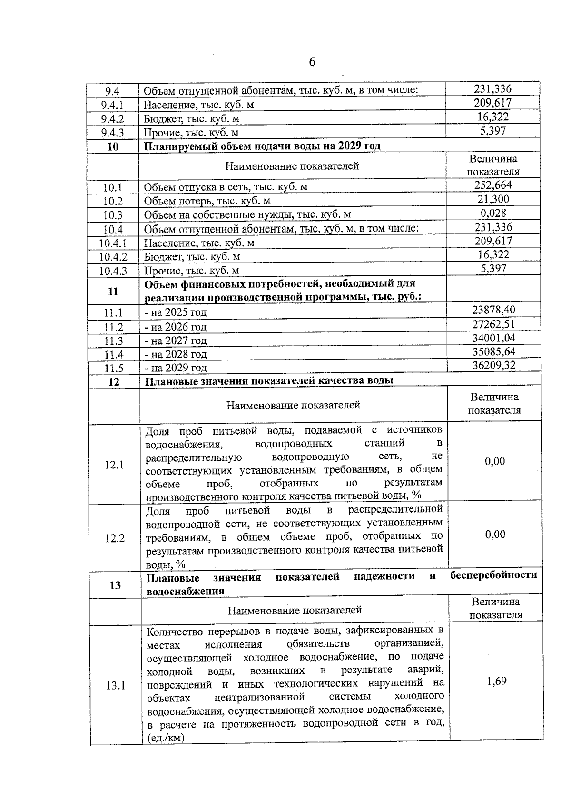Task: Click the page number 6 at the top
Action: pos(312,62)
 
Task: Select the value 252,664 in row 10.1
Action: pos(493,185)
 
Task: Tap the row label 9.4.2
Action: pos(112,119)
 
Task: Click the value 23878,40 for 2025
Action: pos(493,311)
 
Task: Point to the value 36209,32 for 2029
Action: pos(493,366)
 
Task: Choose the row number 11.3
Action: pos(113,341)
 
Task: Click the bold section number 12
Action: pos(114,382)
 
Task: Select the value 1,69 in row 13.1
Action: pos(496,681)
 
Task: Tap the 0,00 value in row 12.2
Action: pos(495,535)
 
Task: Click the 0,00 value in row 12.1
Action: pos(495,461)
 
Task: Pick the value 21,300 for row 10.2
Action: pos(493,199)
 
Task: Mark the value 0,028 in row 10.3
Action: pos(493,213)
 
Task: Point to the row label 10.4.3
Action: pos(113,272)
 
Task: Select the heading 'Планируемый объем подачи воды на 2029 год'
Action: pos(262,146)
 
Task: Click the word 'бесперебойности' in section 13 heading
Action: pos(493,575)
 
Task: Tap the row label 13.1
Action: pos(115,686)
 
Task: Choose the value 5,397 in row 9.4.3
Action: pos(492,131)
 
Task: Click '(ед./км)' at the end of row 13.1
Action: pos(166,739)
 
